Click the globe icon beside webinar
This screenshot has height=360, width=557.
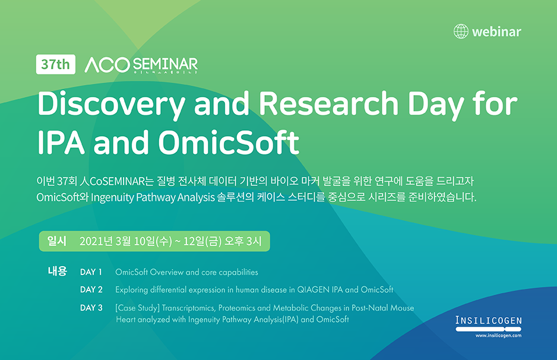(x=461, y=31)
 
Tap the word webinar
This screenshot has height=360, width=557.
(x=496, y=31)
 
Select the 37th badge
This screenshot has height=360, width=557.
(x=55, y=64)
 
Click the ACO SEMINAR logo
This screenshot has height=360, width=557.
(x=141, y=65)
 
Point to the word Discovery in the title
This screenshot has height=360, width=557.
(x=111, y=104)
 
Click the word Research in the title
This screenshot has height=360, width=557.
(x=328, y=103)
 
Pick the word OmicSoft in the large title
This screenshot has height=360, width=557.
(x=229, y=143)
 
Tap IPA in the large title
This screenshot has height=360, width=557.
(x=61, y=143)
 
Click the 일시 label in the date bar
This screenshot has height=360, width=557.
(x=57, y=241)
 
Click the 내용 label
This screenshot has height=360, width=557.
(x=58, y=271)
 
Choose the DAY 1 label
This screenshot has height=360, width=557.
(x=91, y=272)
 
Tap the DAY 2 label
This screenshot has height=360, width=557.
(x=91, y=290)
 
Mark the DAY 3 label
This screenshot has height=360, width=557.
(x=91, y=308)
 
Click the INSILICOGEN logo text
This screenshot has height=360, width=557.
(x=489, y=321)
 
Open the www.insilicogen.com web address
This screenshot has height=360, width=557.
(x=498, y=336)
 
